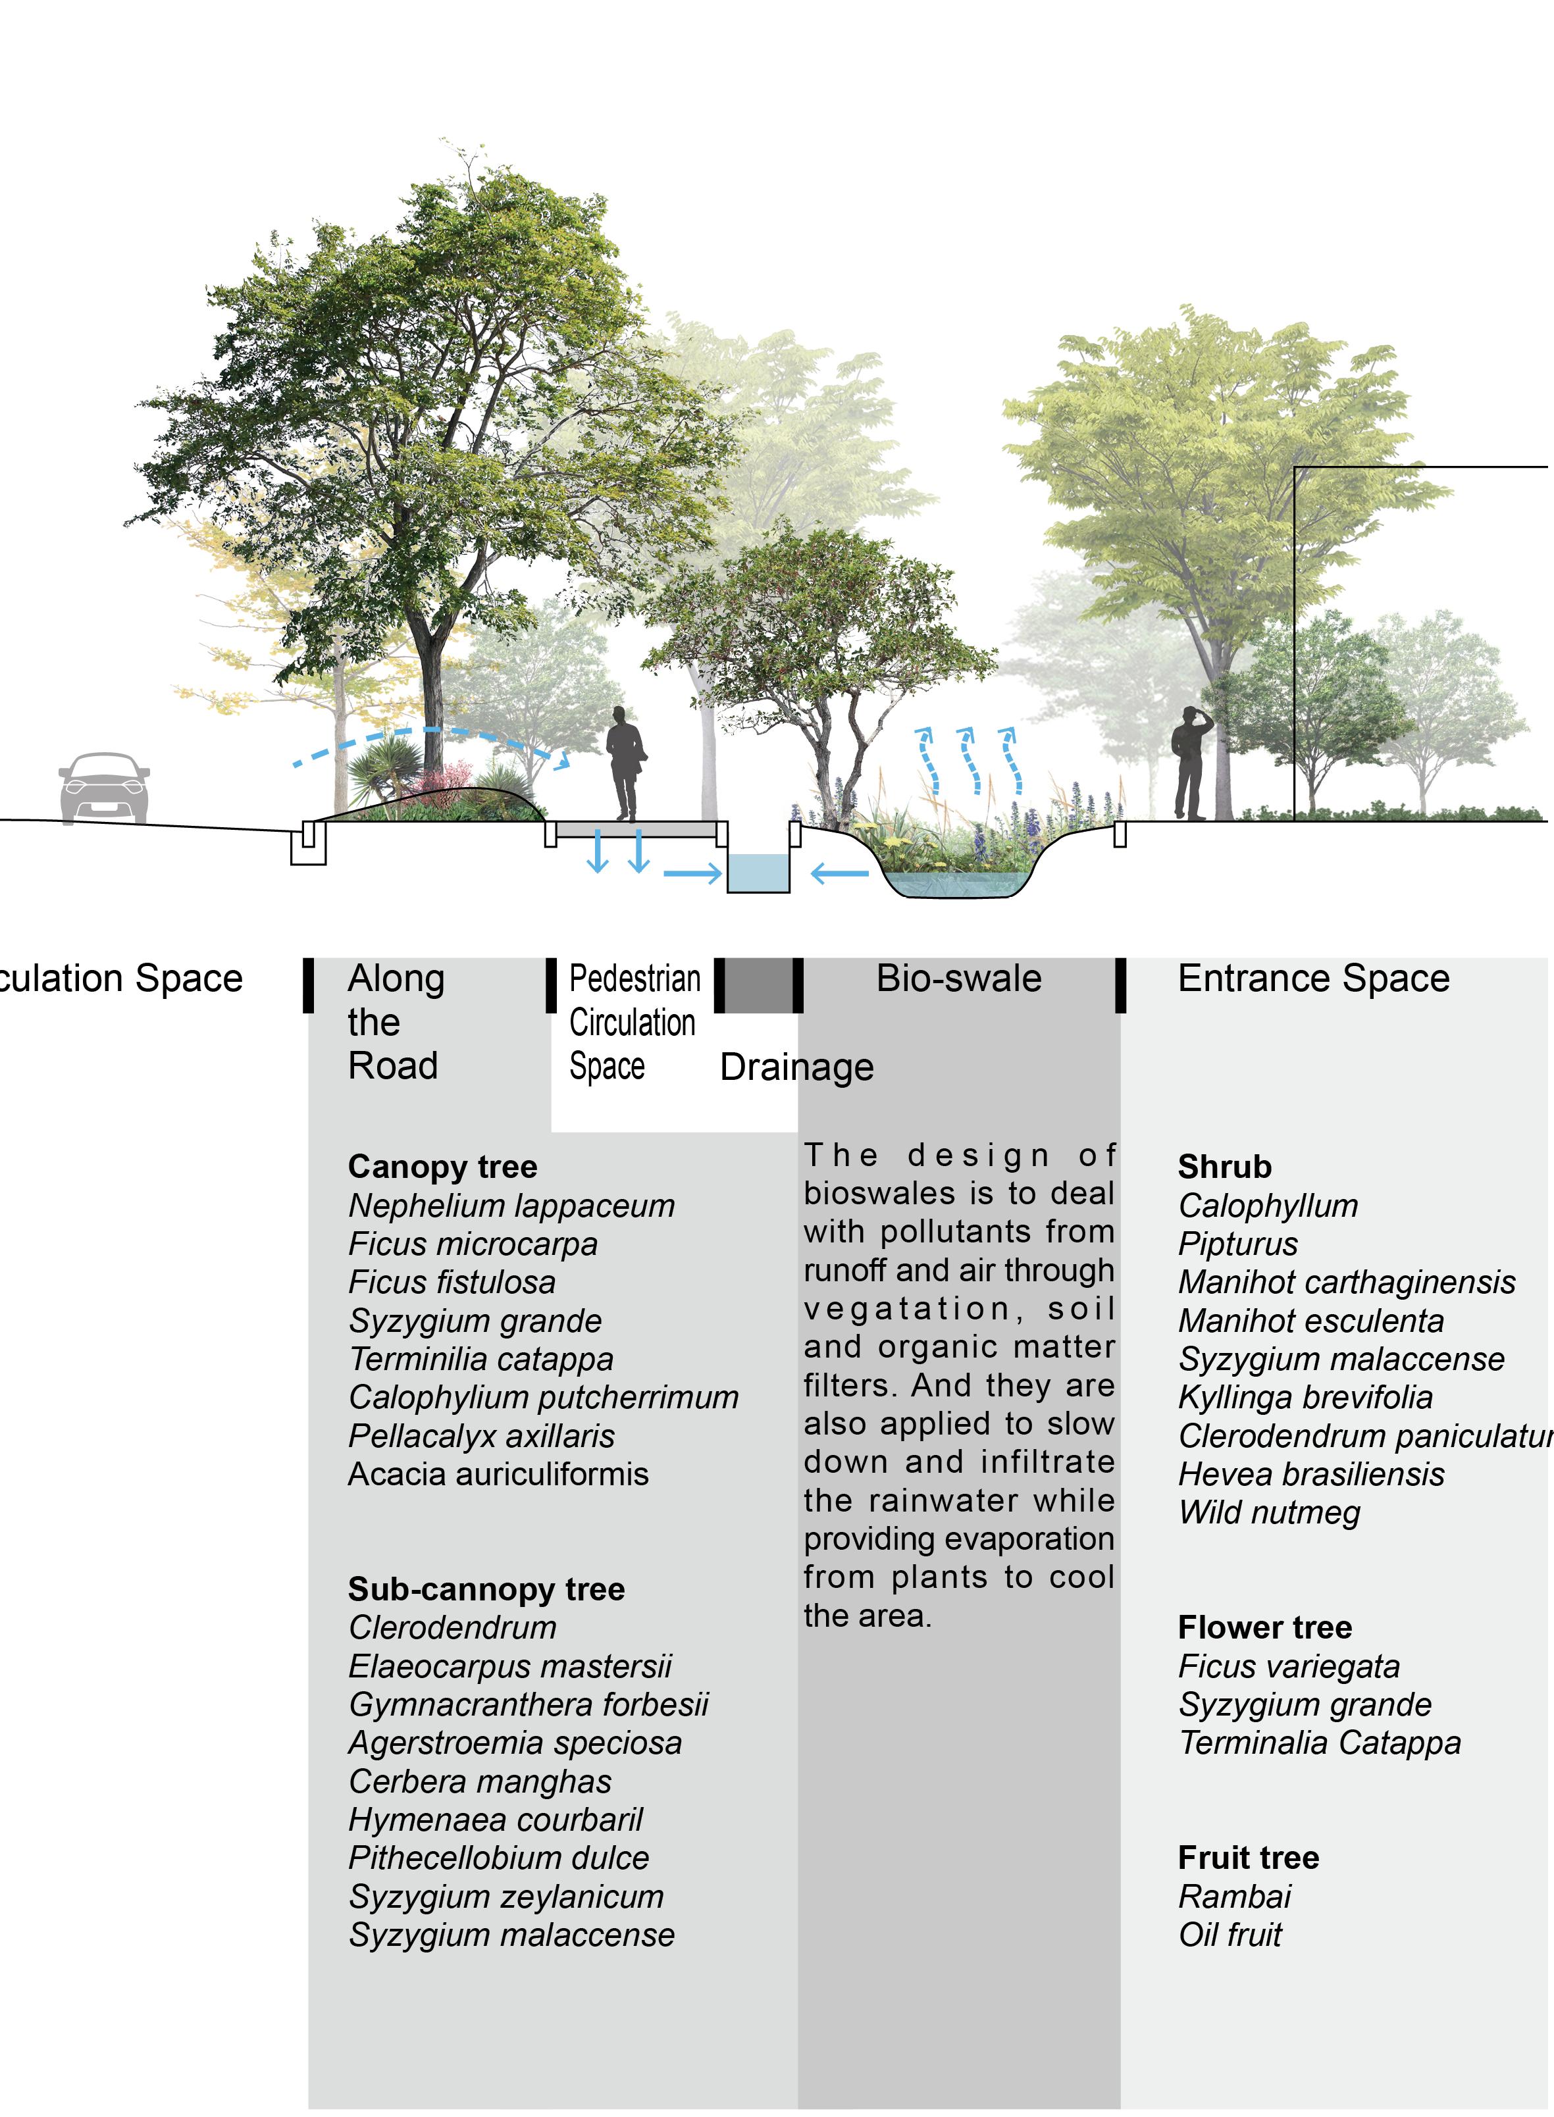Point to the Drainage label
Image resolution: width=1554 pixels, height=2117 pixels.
coord(796,1067)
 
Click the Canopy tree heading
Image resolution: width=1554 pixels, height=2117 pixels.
coord(442,1166)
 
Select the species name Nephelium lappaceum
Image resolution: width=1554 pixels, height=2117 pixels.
coord(511,1206)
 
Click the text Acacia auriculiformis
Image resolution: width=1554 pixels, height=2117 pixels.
coord(498,1473)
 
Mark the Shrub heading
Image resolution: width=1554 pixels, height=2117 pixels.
coord(1224,1166)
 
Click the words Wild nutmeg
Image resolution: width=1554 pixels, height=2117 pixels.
coord(1269,1512)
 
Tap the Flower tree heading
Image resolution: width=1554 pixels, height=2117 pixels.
coord(1264,1627)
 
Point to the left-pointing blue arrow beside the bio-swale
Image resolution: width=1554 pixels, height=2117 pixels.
coord(839,875)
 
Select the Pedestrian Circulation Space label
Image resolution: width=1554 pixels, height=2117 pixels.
coord(634,1022)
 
